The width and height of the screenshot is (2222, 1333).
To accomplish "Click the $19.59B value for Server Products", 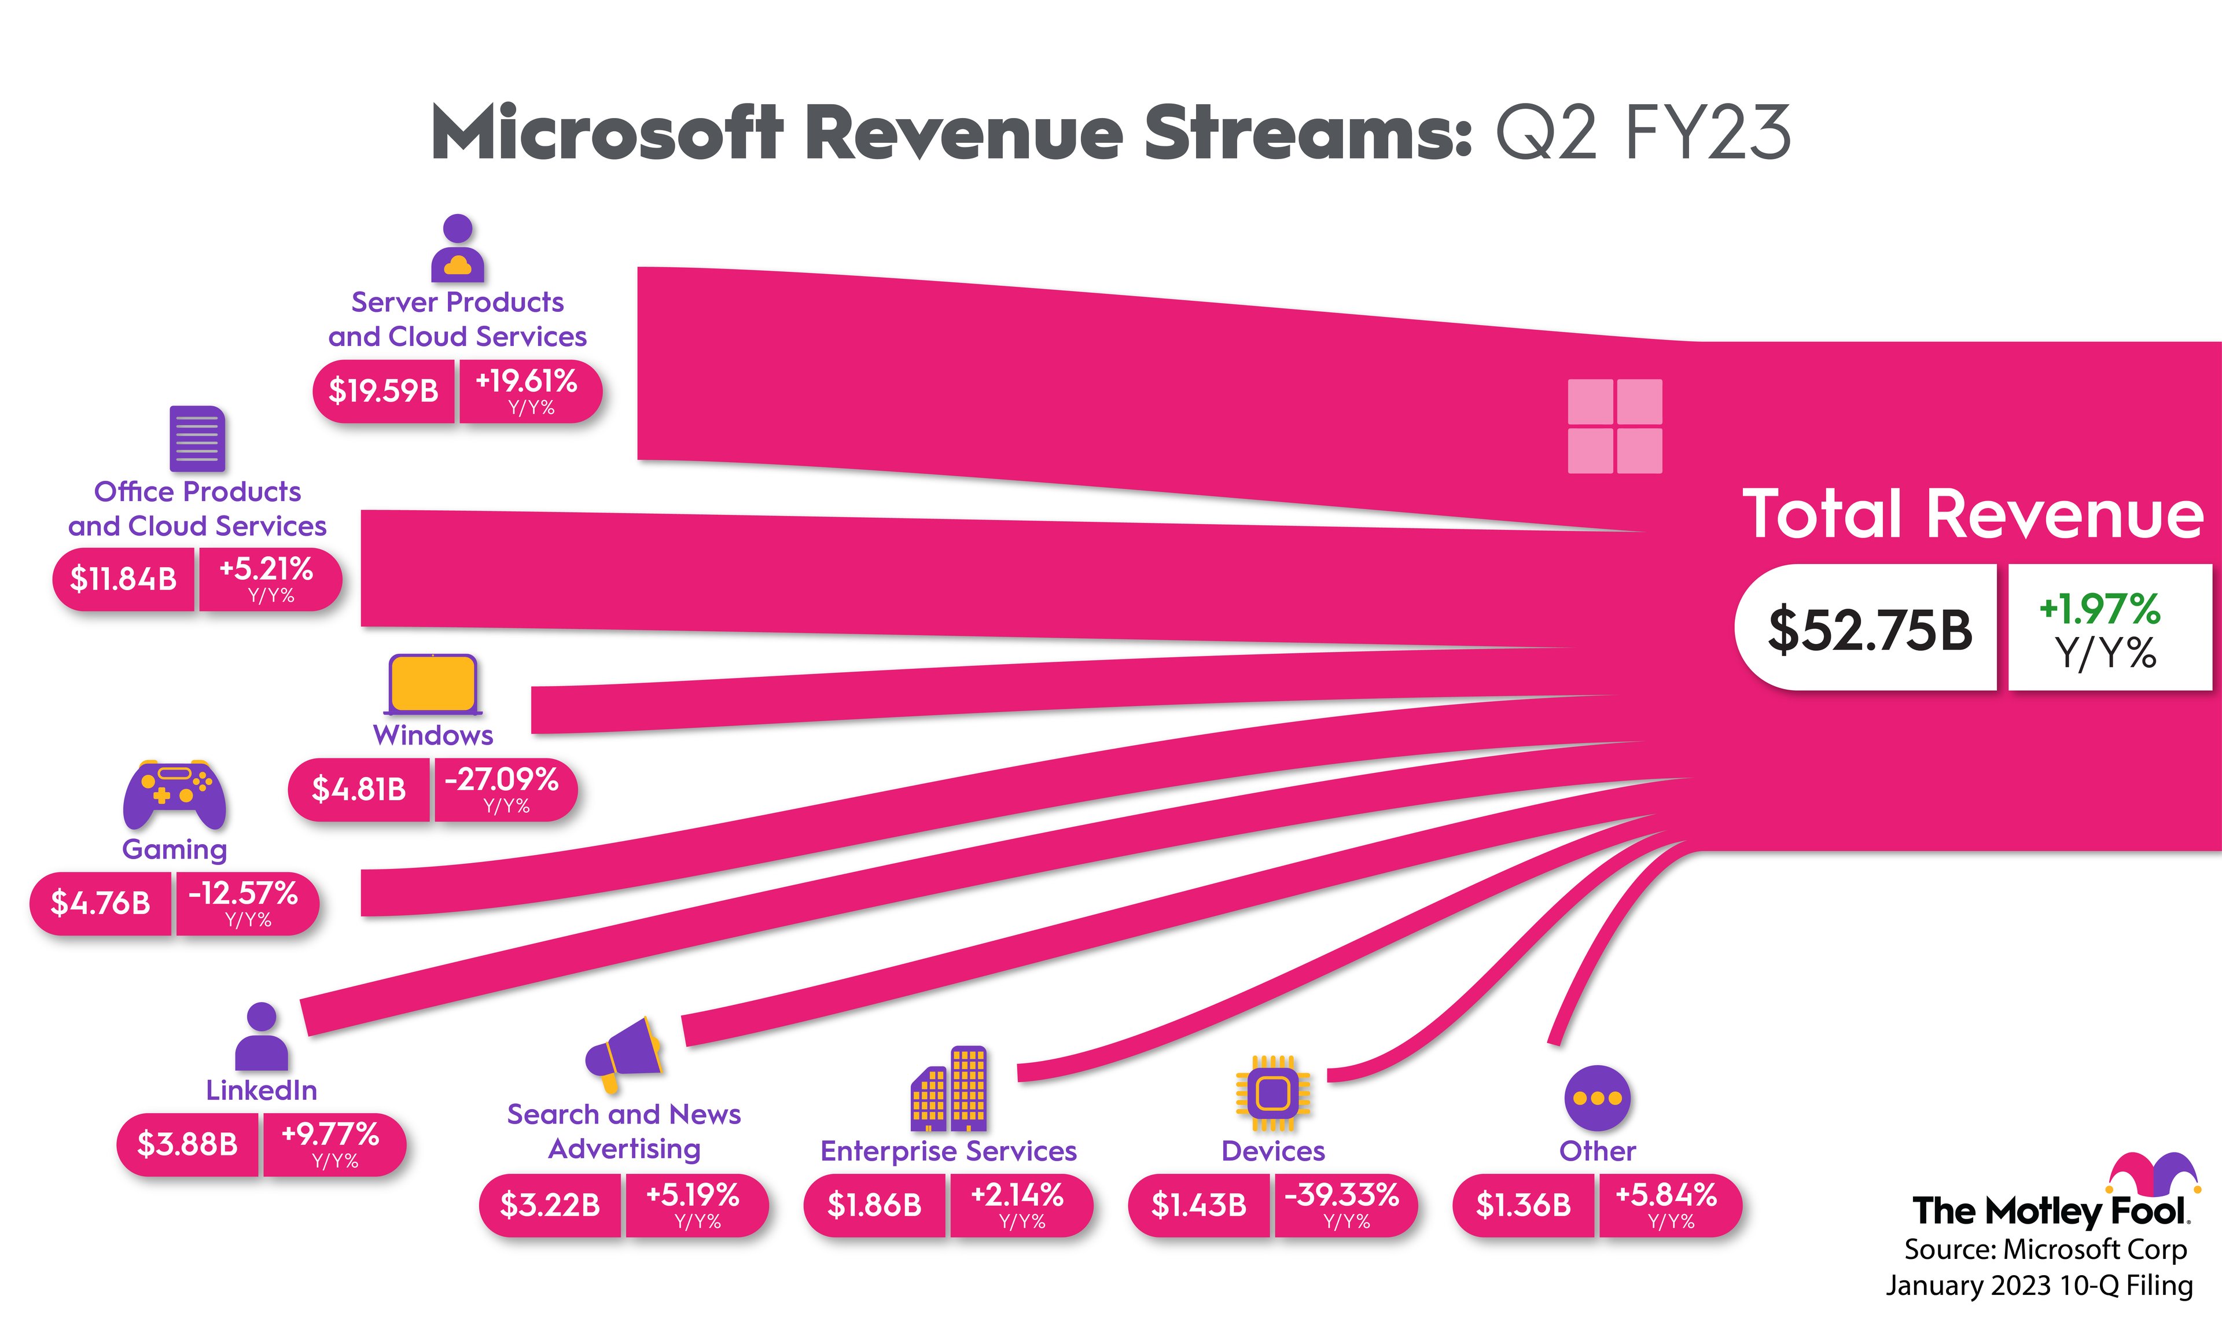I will tap(384, 391).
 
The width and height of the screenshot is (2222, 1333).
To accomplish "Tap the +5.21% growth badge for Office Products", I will tap(267, 577).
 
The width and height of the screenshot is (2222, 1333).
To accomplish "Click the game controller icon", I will tap(174, 795).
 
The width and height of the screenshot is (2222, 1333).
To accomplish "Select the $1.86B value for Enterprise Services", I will tap(874, 1205).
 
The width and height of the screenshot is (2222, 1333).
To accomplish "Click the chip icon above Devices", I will tap(1272, 1093).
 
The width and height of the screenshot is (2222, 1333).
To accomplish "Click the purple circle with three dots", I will tap(1597, 1098).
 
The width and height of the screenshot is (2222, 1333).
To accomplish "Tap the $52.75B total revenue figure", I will tap(1869, 629).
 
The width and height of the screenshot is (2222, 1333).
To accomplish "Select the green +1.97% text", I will tap(2099, 609).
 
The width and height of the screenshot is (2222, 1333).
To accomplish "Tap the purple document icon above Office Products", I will tap(197, 439).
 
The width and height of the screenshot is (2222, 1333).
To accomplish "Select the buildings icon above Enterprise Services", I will tap(948, 1089).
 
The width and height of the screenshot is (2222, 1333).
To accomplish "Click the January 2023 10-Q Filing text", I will tap(2039, 1286).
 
